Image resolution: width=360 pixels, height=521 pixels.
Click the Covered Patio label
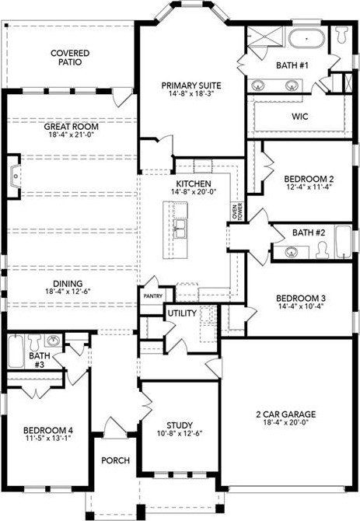tap(70, 58)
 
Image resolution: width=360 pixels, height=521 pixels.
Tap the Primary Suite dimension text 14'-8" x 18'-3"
tap(191, 93)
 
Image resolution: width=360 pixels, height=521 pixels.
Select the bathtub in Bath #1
tap(306, 39)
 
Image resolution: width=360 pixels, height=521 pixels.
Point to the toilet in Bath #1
tap(341, 34)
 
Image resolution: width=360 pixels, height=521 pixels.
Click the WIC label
tap(300, 117)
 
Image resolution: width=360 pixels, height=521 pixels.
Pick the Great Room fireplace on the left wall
tap(14, 177)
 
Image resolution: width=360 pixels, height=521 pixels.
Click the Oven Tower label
tap(237, 211)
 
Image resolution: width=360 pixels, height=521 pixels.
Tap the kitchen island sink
tap(180, 229)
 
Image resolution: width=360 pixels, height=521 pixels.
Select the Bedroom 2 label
tap(309, 179)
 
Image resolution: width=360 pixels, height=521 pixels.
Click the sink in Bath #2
tap(292, 252)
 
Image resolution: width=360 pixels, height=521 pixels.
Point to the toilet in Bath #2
tap(322, 250)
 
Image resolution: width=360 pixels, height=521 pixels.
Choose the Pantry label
tap(152, 295)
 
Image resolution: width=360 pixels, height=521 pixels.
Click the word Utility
tap(182, 313)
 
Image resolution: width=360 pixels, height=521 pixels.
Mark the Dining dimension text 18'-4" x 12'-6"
tap(68, 292)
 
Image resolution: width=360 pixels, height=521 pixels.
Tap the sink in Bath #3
tap(53, 341)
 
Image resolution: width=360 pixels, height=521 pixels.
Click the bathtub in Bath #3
tap(16, 351)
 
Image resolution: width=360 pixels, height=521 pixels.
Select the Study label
tap(180, 425)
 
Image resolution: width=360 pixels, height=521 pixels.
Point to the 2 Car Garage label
tap(286, 414)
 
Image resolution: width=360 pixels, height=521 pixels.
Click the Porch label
tap(116, 460)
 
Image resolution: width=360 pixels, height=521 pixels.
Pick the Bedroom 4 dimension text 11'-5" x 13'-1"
tap(48, 439)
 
